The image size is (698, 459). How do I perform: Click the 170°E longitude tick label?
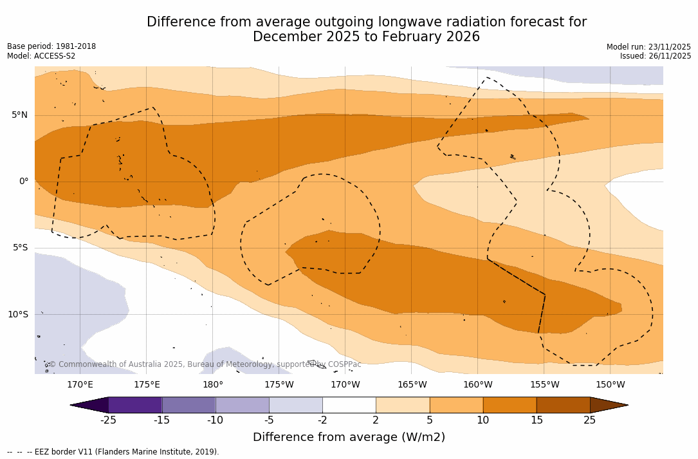(x=80, y=385)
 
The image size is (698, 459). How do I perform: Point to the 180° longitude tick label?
(x=213, y=385)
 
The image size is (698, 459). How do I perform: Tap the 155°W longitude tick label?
(x=544, y=385)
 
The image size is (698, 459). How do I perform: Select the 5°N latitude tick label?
(x=19, y=115)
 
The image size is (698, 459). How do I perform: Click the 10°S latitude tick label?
(x=17, y=315)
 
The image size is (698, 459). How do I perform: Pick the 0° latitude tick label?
(x=23, y=182)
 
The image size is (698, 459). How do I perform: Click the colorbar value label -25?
(x=108, y=420)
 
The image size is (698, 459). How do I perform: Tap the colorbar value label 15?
(x=536, y=420)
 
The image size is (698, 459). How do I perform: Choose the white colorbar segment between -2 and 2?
(x=349, y=405)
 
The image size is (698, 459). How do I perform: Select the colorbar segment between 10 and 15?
(x=510, y=405)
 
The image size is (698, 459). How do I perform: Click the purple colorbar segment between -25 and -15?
(x=135, y=405)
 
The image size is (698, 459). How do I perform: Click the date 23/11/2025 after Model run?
(x=668, y=47)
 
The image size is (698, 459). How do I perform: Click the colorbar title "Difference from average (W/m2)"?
(x=349, y=438)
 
